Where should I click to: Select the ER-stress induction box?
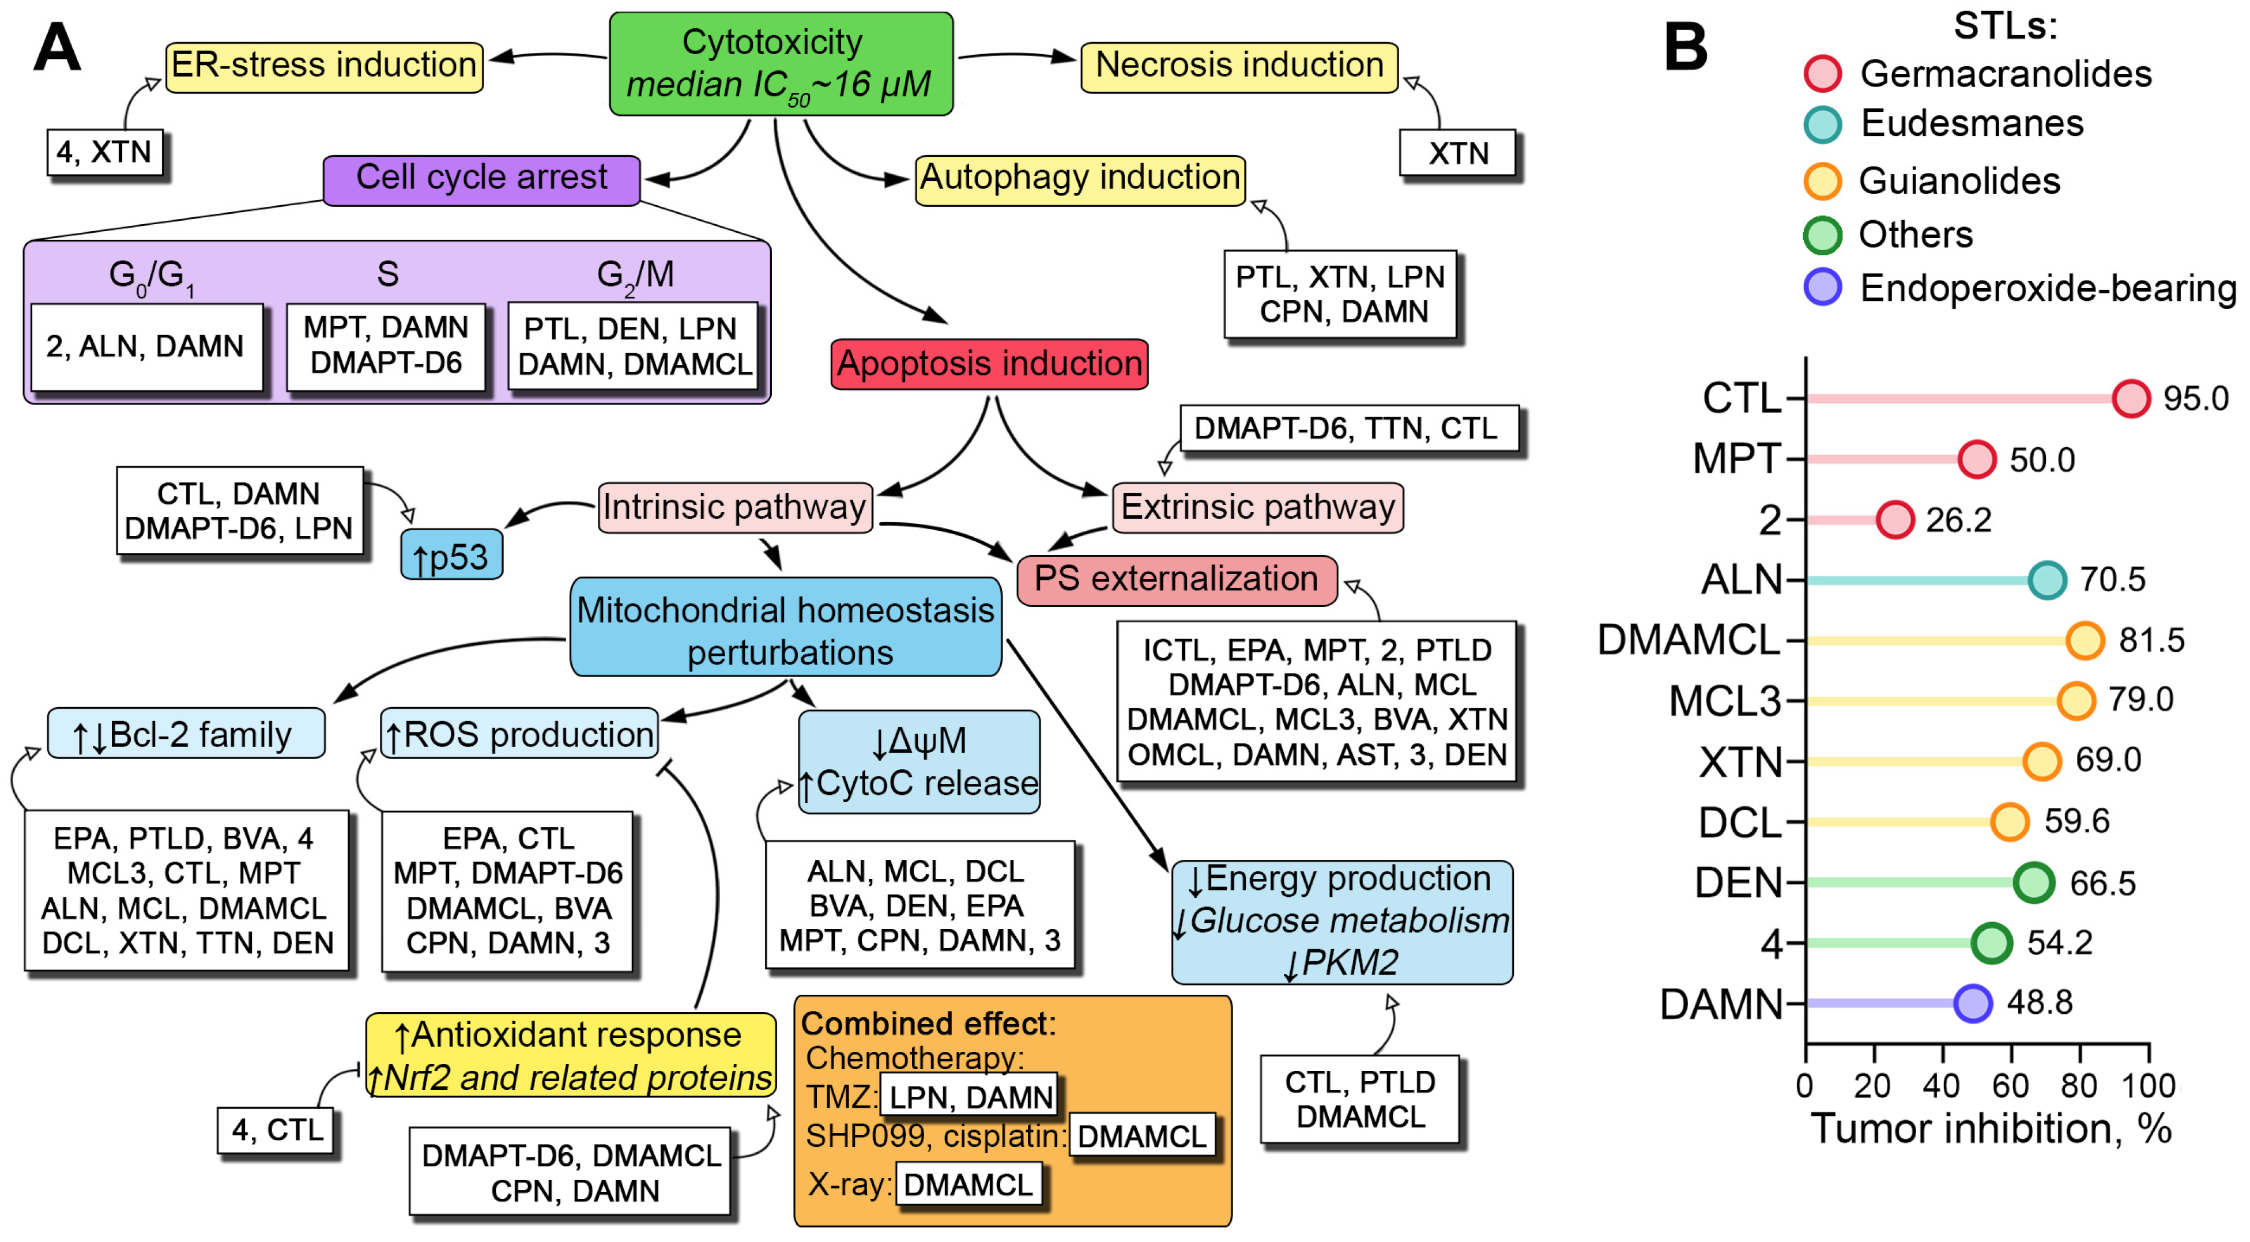[x=324, y=66]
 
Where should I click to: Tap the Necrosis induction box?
[x=1238, y=66]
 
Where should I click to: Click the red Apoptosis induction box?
[x=989, y=363]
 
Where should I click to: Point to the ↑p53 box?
[x=451, y=556]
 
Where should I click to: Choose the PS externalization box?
[x=1175, y=580]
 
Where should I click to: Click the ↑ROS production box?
[x=519, y=734]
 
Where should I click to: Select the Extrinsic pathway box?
[x=1257, y=507]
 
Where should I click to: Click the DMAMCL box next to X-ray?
[x=968, y=1184]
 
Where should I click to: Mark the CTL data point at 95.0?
[x=2130, y=398]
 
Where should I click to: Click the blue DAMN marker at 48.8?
[x=1972, y=1003]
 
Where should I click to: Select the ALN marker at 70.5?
[x=2047, y=580]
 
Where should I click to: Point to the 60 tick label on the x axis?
[x=2010, y=1086]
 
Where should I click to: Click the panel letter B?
[x=1685, y=47]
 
